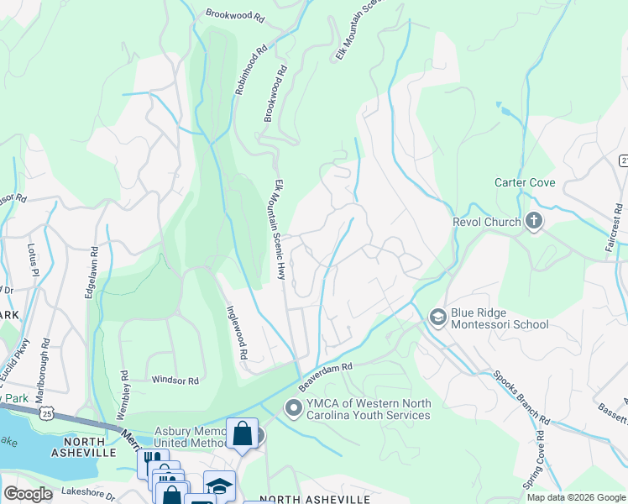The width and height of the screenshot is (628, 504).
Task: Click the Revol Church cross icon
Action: coord(532,222)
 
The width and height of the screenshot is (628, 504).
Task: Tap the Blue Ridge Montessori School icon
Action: coord(437,317)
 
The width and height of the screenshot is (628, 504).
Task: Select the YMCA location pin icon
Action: coord(292,408)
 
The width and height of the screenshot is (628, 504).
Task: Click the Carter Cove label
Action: coord(523,182)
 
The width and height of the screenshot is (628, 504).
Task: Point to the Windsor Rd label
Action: coord(175,381)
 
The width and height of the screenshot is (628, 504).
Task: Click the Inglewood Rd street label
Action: coord(235,332)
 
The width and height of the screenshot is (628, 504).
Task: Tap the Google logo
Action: coord(29,494)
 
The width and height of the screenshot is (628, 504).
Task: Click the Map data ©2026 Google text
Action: coord(576,497)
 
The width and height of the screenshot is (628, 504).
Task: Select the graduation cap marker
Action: coord(219,485)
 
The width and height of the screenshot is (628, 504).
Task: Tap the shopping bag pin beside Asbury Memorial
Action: coord(242,434)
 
